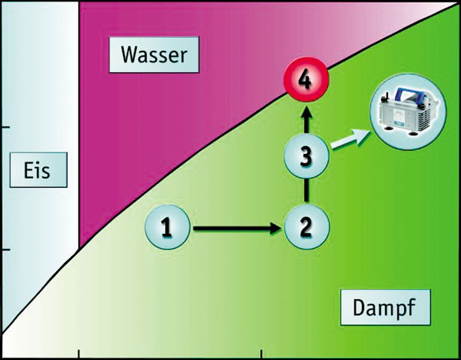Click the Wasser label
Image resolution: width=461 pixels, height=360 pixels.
(154, 55)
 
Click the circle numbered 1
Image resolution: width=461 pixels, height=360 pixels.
(167, 227)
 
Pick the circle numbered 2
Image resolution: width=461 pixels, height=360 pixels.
(306, 227)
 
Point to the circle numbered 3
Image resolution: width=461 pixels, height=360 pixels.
(306, 157)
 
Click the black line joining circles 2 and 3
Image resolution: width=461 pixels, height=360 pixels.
(306, 192)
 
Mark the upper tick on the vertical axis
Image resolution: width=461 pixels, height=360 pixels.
(4, 128)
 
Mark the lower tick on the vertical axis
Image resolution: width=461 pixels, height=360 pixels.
(4, 250)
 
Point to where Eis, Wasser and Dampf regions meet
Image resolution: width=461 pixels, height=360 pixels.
(79, 247)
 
